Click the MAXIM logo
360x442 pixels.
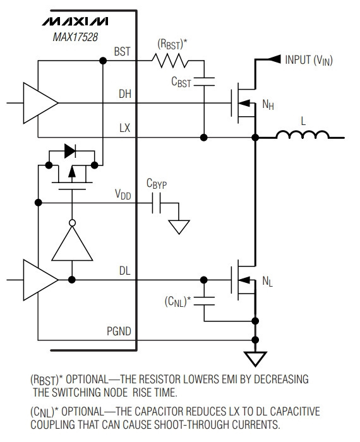pyautogui.click(x=75, y=21)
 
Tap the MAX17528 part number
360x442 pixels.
pyautogui.click(x=75, y=37)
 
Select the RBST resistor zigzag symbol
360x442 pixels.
pyautogui.click(x=170, y=61)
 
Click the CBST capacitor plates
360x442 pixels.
pyautogui.click(x=204, y=81)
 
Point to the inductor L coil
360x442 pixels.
pyautogui.click(x=303, y=134)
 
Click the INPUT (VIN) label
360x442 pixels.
pyautogui.click(x=309, y=60)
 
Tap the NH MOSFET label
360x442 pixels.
pyautogui.click(x=268, y=105)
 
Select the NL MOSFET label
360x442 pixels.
pyautogui.click(x=268, y=282)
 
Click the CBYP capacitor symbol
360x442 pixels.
pyautogui.click(x=157, y=203)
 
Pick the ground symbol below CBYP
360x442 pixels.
pyautogui.click(x=179, y=227)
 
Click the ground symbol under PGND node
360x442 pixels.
pyautogui.click(x=255, y=359)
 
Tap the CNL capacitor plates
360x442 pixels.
pyautogui.click(x=204, y=301)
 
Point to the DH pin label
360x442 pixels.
pyautogui.click(x=125, y=94)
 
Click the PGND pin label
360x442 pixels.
pyautogui.click(x=119, y=331)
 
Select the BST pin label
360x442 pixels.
pyautogui.click(x=122, y=52)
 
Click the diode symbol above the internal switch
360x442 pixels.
pyautogui.click(x=70, y=151)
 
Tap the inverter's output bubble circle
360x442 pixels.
pyautogui.click(x=72, y=223)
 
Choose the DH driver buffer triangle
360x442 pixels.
pyautogui.click(x=40, y=103)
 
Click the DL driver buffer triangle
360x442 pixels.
pyautogui.click(x=40, y=280)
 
